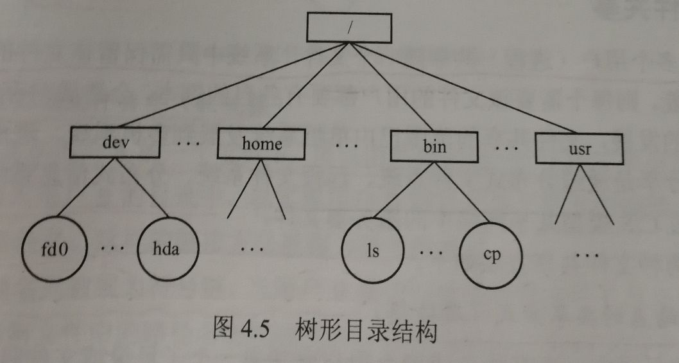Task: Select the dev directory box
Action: point(116,142)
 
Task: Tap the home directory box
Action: point(262,143)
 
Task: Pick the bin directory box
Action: point(435,146)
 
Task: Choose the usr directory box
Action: point(580,149)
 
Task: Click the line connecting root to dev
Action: point(231,85)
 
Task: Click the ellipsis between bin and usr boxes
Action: point(507,148)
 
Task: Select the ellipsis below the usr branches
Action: point(586,256)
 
